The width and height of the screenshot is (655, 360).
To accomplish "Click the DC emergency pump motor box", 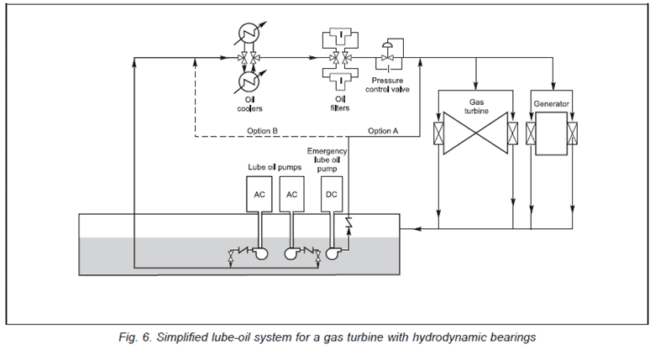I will tap(332, 194).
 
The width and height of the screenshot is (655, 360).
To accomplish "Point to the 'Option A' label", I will tap(383, 131).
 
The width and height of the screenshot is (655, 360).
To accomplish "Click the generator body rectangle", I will tap(551, 134).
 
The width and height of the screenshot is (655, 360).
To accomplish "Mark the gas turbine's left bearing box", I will tap(437, 134).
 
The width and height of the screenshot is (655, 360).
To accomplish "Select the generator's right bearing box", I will tap(573, 134).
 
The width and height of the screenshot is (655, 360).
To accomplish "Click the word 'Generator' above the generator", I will tap(551, 105).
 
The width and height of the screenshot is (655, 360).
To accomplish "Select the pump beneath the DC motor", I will tap(330, 255).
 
